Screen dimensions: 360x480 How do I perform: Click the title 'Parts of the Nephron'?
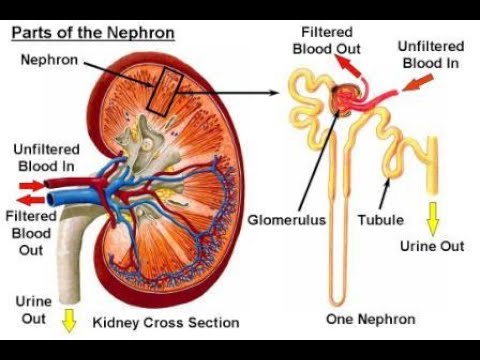(x=92, y=33)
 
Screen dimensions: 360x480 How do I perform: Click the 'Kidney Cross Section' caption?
(x=166, y=322)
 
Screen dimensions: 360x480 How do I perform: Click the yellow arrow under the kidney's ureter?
(x=68, y=321)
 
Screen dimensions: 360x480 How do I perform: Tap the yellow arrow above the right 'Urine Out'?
(x=433, y=214)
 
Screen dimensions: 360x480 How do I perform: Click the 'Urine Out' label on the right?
(x=433, y=244)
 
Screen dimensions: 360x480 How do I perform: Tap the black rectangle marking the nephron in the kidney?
(x=160, y=92)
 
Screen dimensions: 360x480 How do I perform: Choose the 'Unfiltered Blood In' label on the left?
(x=45, y=157)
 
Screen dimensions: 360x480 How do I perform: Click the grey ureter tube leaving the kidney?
(x=72, y=259)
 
